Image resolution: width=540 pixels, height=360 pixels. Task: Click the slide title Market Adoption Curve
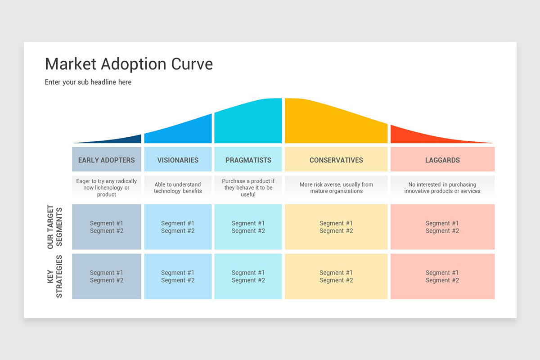(x=129, y=64)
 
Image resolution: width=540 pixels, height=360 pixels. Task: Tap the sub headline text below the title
(x=88, y=82)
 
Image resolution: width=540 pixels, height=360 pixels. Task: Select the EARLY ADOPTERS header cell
(x=107, y=159)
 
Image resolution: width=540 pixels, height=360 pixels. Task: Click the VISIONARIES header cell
(x=178, y=159)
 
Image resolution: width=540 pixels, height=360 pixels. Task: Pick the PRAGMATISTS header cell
(x=248, y=159)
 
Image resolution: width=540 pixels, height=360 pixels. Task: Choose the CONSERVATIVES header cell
(x=336, y=159)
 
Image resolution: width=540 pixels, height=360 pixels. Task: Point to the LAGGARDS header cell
(x=443, y=159)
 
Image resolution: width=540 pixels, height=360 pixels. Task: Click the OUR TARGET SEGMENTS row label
(x=55, y=227)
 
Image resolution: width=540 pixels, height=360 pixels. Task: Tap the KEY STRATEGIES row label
(x=55, y=276)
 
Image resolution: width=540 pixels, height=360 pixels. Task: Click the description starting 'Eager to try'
(x=107, y=188)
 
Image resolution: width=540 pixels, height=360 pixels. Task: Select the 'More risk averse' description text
(x=336, y=188)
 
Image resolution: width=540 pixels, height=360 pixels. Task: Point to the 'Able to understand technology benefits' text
(x=178, y=188)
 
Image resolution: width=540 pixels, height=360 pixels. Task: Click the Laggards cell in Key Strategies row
(x=443, y=276)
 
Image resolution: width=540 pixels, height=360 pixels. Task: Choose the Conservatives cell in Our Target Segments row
(x=336, y=227)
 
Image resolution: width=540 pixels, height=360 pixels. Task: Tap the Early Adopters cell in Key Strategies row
(x=107, y=276)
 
